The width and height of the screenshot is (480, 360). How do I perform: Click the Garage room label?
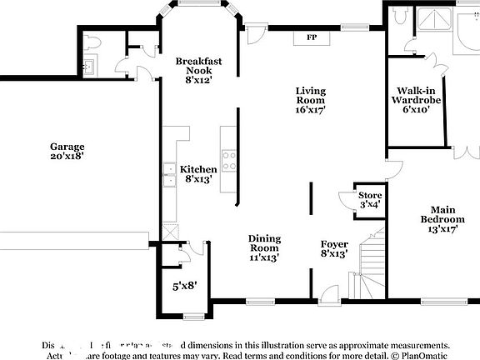pyautogui.click(x=67, y=145)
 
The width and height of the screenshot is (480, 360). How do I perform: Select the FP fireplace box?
pyautogui.click(x=312, y=37)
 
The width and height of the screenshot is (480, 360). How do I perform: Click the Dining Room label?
pyautogui.click(x=264, y=243)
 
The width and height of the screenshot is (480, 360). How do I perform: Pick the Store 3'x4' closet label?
pyautogui.click(x=370, y=198)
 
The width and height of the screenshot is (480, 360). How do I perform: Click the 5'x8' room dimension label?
pyautogui.click(x=183, y=286)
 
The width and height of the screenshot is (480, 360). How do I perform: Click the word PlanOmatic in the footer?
pyautogui.click(x=420, y=354)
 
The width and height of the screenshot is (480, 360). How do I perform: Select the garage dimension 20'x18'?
pyautogui.click(x=67, y=156)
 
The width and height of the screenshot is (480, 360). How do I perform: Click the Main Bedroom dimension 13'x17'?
pyautogui.click(x=442, y=229)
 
